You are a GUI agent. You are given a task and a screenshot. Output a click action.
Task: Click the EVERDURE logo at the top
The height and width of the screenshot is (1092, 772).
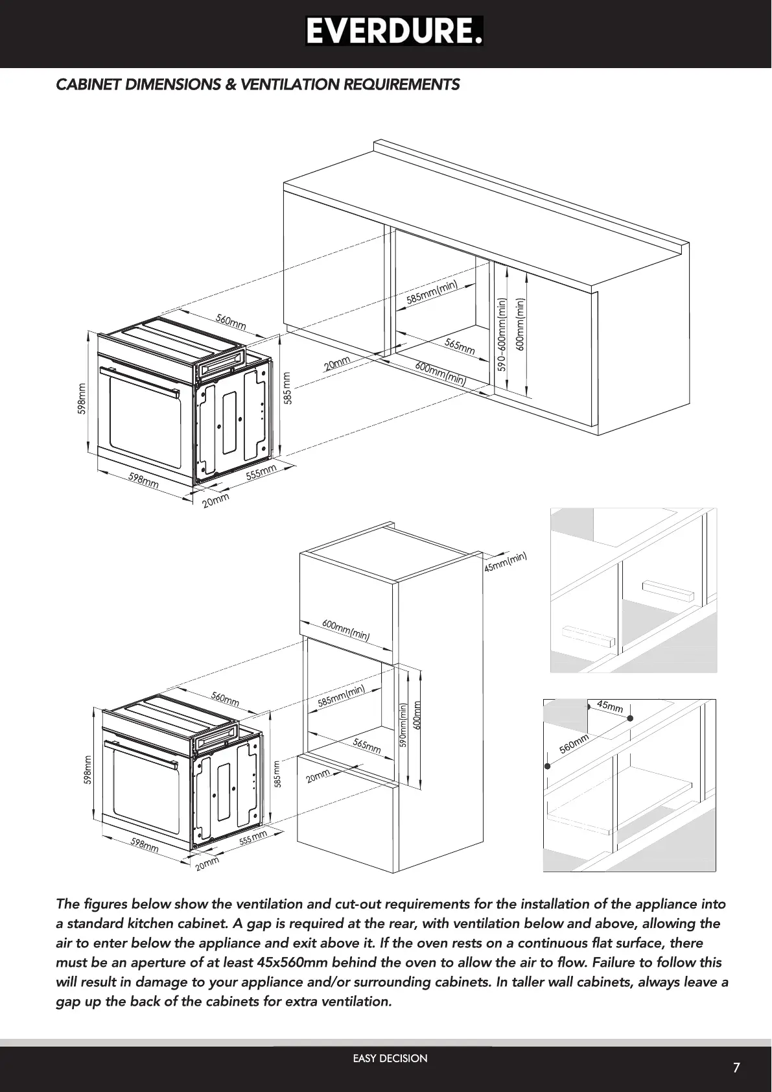[394, 31]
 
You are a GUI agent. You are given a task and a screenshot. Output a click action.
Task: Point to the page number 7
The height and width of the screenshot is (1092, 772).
[736, 1068]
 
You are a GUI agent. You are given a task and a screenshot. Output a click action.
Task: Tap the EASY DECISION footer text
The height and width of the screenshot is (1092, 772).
[390, 1058]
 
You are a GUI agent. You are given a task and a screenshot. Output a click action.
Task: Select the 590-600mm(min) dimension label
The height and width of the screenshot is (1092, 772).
[502, 335]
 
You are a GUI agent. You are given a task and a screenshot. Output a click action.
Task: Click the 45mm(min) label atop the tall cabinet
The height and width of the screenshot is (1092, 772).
[506, 562]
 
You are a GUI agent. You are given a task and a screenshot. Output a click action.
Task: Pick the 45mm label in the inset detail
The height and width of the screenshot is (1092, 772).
[610, 706]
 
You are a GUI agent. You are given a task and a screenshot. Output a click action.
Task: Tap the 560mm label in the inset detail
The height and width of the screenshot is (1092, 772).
[574, 743]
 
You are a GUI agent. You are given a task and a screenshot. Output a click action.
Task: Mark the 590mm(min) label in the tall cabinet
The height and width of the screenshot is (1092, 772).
[403, 725]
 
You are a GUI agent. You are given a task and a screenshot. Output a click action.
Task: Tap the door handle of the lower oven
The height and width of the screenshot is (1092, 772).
[141, 753]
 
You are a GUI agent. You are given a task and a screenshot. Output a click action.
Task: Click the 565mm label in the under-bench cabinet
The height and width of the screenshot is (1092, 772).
[460, 346]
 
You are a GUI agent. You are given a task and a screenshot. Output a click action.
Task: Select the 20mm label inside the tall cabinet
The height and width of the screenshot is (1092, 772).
[318, 776]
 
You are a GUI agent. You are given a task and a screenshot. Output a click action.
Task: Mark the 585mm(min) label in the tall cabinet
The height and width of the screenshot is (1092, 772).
[342, 696]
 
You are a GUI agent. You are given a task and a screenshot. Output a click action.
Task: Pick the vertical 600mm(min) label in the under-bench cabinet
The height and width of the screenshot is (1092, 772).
[520, 324]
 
